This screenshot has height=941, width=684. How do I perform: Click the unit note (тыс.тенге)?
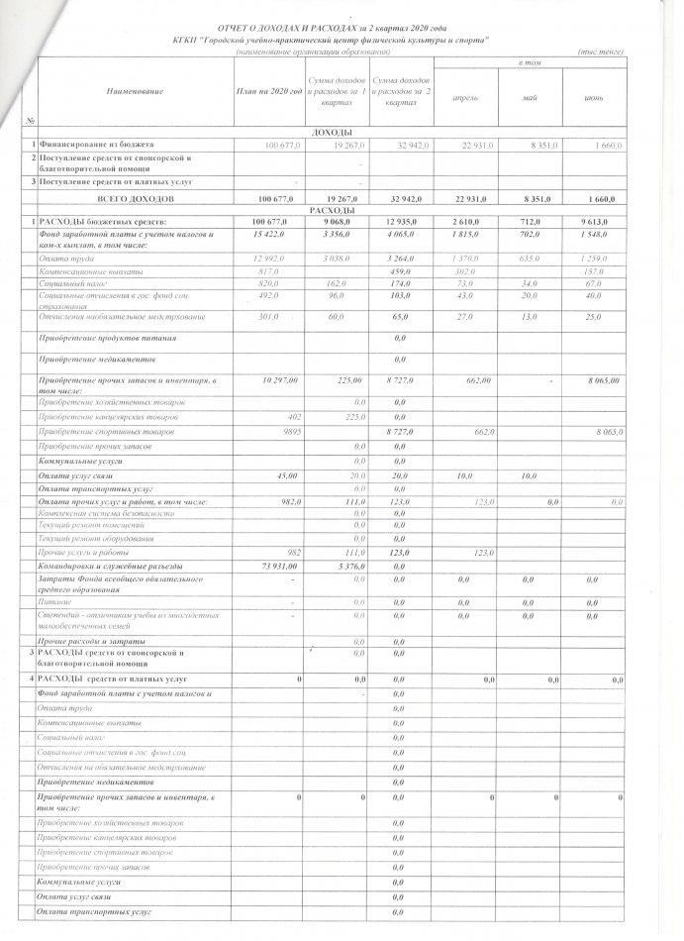tap(593, 52)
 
